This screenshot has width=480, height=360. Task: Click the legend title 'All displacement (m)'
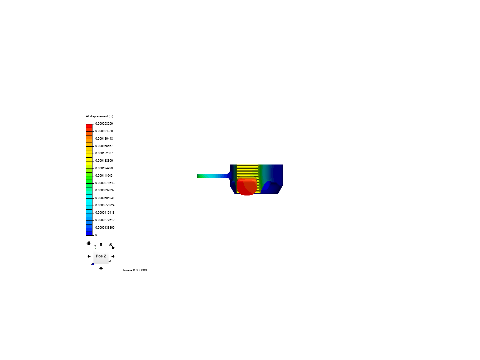click(99, 116)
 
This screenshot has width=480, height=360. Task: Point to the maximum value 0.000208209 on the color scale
click(104, 124)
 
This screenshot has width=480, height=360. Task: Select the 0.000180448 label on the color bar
click(104, 139)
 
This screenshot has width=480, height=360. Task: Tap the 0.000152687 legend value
click(104, 153)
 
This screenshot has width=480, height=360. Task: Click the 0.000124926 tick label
click(104, 168)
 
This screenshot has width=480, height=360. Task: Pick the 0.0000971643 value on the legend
click(105, 183)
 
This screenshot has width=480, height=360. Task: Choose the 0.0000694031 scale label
click(105, 198)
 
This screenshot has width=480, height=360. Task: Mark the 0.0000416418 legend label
click(105, 213)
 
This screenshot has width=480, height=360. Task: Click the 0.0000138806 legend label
click(105, 228)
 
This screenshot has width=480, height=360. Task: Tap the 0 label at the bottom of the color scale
click(96, 235)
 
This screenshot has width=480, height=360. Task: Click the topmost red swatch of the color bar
click(89, 126)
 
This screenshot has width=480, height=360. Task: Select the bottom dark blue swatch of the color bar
click(89, 233)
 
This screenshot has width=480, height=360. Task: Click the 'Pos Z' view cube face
click(101, 256)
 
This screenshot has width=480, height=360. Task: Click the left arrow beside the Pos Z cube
click(89, 256)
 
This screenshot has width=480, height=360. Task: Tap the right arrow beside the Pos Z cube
click(113, 256)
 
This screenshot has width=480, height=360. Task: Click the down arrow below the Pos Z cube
click(101, 268)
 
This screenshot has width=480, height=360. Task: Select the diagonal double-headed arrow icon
click(112, 246)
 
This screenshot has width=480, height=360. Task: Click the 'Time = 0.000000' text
click(134, 270)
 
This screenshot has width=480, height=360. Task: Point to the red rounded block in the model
click(247, 187)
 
